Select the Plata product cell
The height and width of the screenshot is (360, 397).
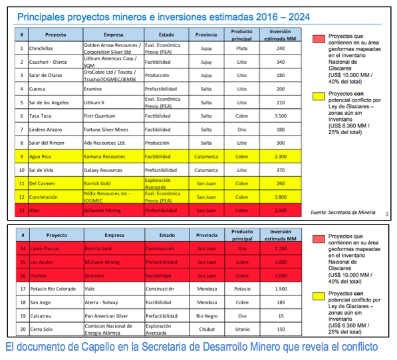point(241,48)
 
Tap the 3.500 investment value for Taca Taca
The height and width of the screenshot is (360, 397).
point(280,116)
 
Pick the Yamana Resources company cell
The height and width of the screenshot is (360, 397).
point(104,157)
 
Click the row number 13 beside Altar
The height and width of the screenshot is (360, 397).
point(22,211)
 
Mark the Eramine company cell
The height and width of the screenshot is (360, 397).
point(94,88)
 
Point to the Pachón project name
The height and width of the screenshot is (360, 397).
point(38,275)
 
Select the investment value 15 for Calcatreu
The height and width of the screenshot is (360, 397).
point(280,315)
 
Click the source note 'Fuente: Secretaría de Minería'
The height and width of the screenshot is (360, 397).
point(342,212)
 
